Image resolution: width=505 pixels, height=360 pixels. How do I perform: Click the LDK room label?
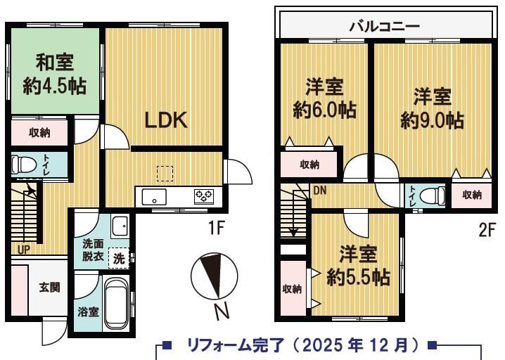tap(166, 120)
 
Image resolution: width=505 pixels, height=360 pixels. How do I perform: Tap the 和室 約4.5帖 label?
tap(55, 75)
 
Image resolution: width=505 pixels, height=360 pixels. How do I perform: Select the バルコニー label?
tap(385, 26)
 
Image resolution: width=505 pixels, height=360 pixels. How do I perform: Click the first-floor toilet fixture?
tap(23, 165)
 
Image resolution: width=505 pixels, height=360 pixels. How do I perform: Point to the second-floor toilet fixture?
tap(433, 195)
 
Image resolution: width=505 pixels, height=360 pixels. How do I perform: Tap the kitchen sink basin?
tap(154, 197)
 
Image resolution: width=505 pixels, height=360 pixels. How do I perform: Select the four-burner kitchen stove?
tap(203, 196)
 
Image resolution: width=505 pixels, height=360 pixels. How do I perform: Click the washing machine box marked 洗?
tap(119, 258)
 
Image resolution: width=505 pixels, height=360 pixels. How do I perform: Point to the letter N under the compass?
tap(222, 311)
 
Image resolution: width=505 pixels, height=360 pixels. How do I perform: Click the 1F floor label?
tap(216, 229)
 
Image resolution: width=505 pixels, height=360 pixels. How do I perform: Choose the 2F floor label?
tap(486, 230)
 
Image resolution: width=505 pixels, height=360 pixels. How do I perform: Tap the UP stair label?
tap(23, 249)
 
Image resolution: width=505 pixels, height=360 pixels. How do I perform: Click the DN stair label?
tap(320, 191)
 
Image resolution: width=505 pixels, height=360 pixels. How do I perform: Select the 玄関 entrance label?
tap(50, 288)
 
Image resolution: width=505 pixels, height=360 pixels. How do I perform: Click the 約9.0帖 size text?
tap(433, 121)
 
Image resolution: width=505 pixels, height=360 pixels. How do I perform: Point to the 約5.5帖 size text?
tap(358, 276)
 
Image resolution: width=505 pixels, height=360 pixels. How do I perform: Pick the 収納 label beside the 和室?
tap(39, 132)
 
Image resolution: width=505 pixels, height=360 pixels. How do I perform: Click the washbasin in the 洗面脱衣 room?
tap(120, 226)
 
